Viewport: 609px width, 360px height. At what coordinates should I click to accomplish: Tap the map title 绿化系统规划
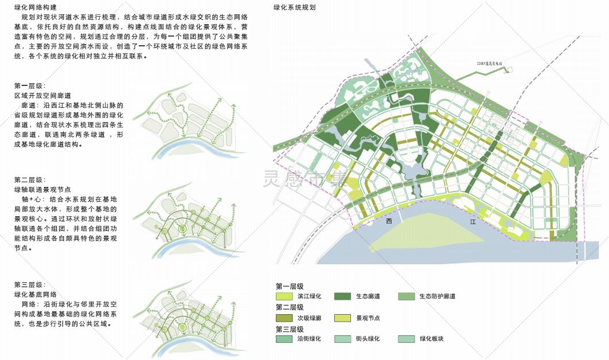[294, 8]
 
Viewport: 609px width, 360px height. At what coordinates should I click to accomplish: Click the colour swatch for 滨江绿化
[283, 296]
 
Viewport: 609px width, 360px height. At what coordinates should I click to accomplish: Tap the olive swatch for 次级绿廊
[283, 318]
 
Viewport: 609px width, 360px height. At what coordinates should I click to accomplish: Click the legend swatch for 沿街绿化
[283, 339]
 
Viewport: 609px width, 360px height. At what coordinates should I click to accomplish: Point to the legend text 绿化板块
[432, 339]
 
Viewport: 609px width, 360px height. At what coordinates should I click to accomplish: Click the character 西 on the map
[389, 221]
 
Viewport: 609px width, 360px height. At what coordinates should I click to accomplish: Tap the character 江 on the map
[473, 221]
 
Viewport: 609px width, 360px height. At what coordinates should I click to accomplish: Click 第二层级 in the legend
[290, 307]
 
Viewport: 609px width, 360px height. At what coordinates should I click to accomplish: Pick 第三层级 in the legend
[290, 328]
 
